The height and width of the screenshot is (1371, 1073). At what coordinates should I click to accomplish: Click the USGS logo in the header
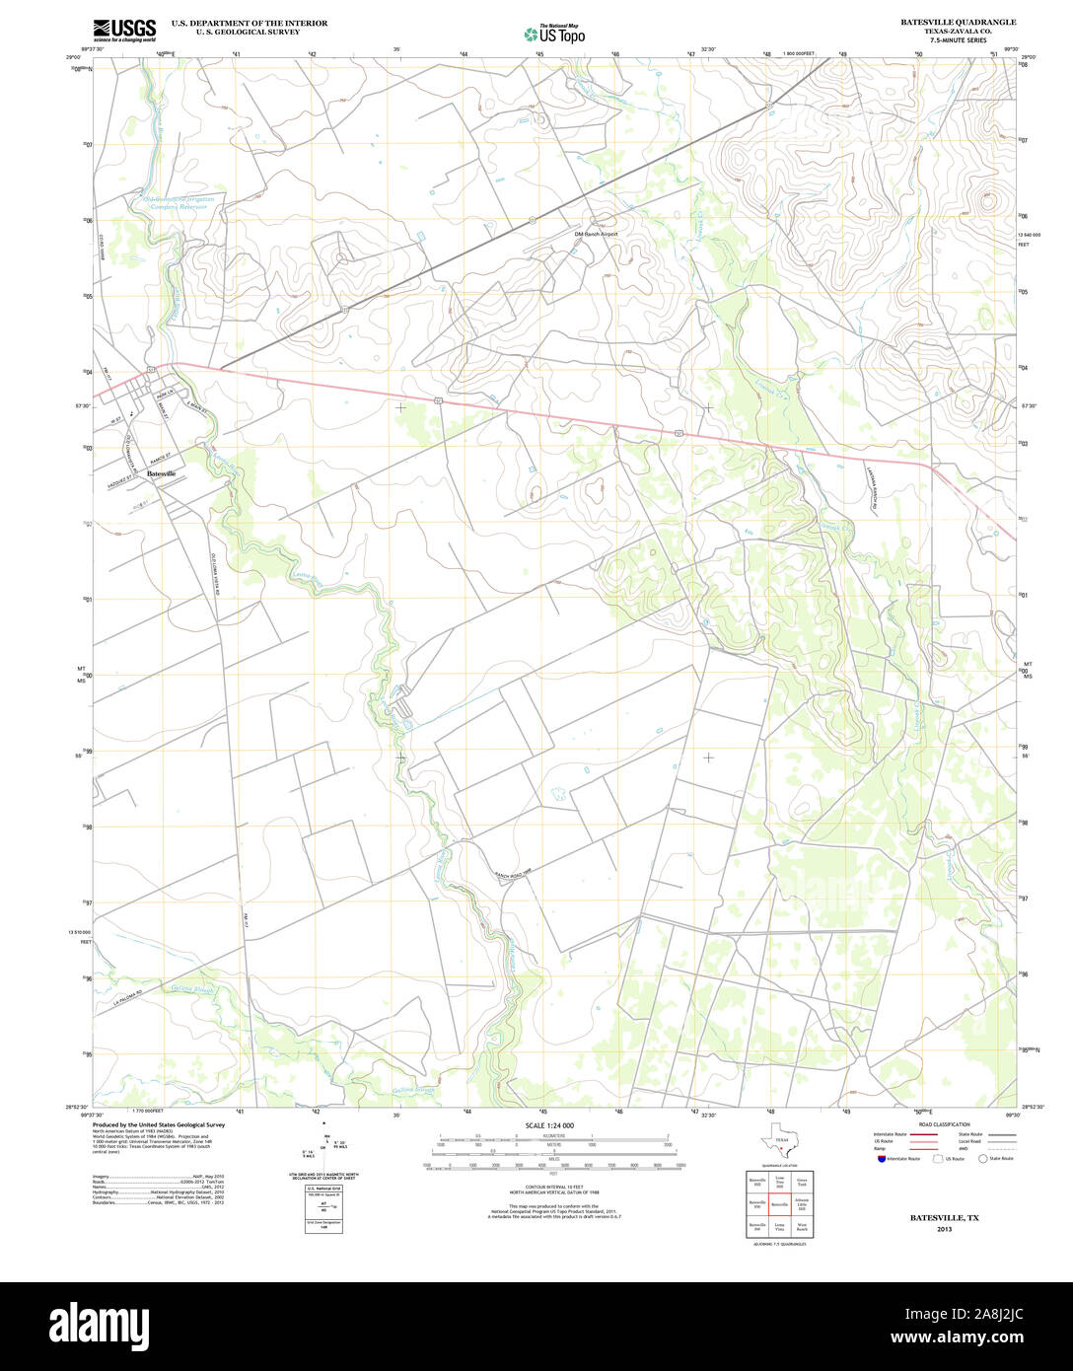(124, 30)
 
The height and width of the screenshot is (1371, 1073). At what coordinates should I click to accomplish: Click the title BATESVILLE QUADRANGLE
(958, 22)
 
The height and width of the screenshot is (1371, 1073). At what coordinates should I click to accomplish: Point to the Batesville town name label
(161, 474)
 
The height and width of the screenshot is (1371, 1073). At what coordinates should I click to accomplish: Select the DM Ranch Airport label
(596, 234)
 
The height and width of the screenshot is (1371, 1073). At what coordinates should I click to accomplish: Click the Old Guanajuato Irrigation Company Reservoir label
(177, 202)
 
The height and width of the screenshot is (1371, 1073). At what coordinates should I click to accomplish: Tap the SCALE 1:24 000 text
(549, 1125)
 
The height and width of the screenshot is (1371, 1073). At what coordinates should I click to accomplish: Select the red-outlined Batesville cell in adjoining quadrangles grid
(779, 1204)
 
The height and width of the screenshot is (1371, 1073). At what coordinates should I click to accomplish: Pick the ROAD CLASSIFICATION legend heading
(944, 1124)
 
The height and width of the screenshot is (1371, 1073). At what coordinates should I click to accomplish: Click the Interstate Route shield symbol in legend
(880, 1159)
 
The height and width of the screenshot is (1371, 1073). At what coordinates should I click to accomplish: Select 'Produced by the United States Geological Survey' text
(159, 1124)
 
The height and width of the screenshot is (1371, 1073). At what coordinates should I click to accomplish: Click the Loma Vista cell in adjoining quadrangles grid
(779, 1228)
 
